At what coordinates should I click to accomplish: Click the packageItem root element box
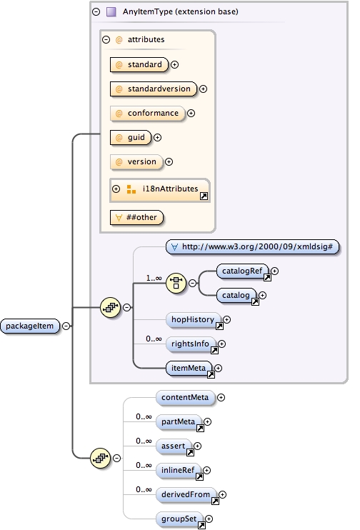(30, 326)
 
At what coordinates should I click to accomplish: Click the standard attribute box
(139, 65)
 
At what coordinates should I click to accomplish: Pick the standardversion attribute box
(153, 89)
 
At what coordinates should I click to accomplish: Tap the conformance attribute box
(147, 113)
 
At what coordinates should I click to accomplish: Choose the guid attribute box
(131, 137)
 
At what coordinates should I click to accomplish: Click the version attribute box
(136, 161)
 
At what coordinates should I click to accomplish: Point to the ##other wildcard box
(136, 216)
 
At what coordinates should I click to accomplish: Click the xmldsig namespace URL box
(253, 246)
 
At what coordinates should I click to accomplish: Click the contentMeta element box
(184, 397)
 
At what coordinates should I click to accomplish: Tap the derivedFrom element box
(186, 494)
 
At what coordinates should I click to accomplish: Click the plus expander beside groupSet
(209, 519)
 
